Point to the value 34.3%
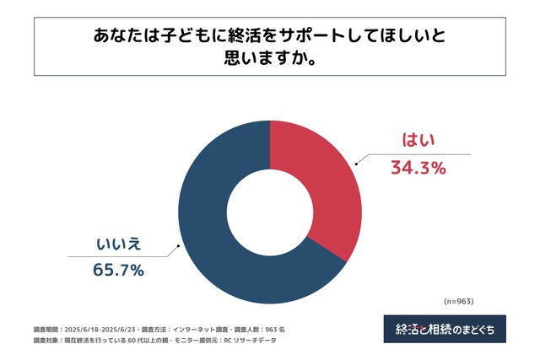(417, 168)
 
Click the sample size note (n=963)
(459, 300)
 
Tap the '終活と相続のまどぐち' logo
(445, 329)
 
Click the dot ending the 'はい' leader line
(355, 164)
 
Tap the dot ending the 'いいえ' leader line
(177, 248)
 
